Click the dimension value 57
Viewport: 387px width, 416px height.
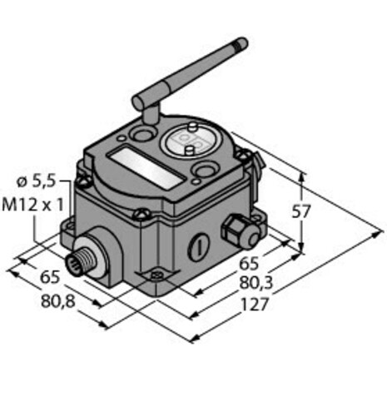[300, 212]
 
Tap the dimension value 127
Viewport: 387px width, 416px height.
[256, 305]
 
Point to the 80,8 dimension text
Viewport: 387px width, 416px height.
[58, 301]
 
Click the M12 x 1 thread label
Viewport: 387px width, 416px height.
[32, 206]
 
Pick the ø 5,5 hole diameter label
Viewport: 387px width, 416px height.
[37, 182]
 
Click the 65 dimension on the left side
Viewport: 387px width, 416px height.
[50, 277]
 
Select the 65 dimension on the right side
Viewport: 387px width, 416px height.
[249, 264]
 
